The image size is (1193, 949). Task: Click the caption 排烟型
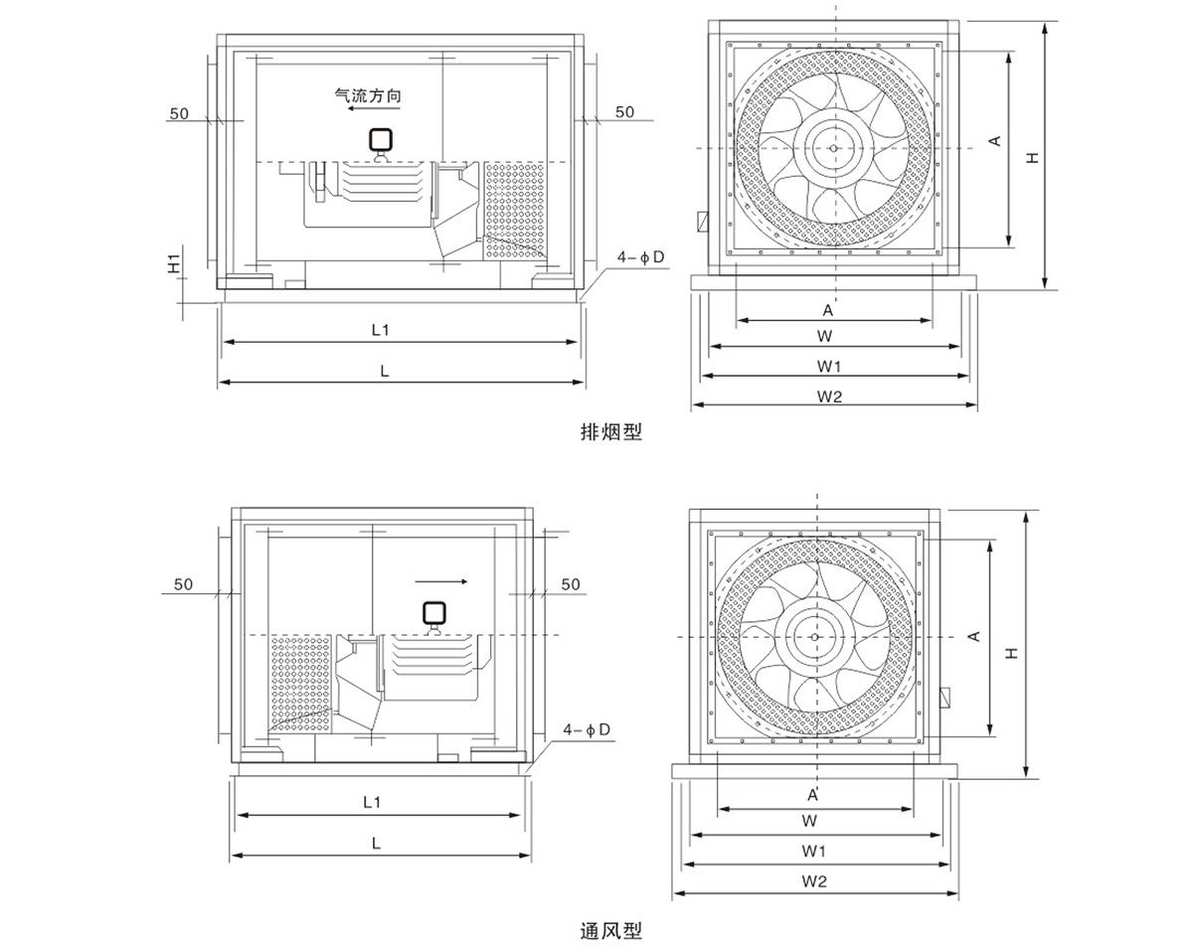(x=611, y=432)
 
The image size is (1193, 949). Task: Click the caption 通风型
(x=611, y=931)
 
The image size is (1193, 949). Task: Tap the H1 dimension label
(x=173, y=264)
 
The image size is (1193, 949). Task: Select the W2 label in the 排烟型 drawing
(x=830, y=395)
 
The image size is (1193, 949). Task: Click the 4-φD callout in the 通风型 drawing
(x=587, y=730)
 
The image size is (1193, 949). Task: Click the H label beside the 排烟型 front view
(x=1034, y=157)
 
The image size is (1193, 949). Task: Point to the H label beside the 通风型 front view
(x=1011, y=653)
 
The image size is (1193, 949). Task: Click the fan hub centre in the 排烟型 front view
(x=835, y=148)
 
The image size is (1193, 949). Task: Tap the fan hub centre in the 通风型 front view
(x=815, y=637)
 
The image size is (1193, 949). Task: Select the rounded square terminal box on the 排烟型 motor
(x=380, y=140)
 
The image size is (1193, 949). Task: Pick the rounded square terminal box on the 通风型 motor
(x=433, y=613)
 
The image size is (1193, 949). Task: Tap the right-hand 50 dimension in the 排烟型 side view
(x=624, y=112)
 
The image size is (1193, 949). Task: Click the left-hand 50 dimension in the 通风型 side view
(x=183, y=584)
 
